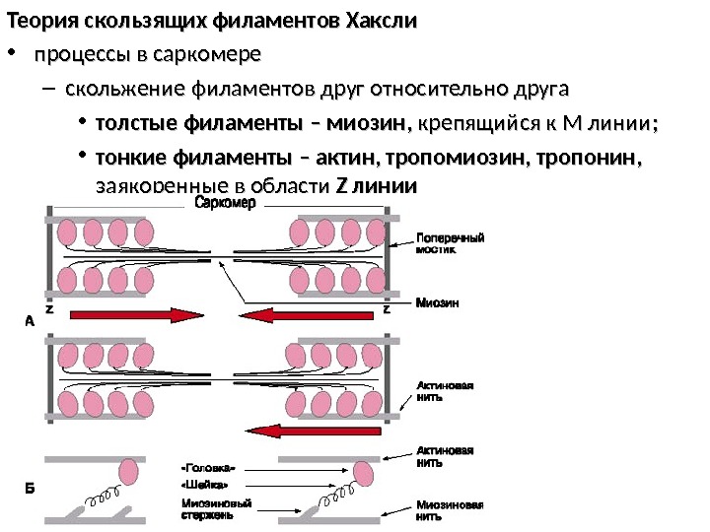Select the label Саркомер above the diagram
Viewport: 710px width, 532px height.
(225, 204)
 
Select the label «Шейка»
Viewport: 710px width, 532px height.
(205, 485)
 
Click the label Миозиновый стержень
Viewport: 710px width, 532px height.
(208, 508)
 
